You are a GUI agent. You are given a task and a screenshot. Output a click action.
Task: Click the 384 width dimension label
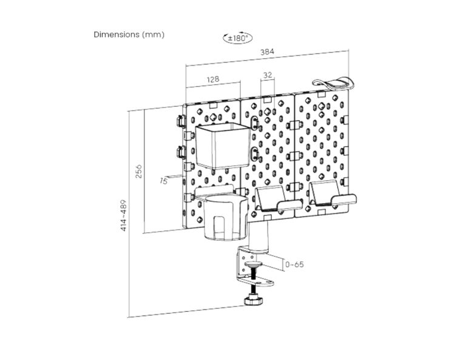[x=267, y=52]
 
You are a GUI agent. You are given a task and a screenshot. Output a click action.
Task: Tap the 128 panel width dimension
[x=213, y=79]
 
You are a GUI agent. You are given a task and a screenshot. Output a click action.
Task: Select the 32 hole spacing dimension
[x=268, y=75]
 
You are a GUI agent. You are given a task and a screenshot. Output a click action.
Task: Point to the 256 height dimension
[x=140, y=171]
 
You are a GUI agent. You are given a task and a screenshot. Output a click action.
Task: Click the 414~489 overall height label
[x=124, y=215]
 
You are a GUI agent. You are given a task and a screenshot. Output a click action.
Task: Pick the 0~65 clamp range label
[x=294, y=265]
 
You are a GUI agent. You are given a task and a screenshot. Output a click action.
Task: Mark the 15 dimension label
[x=164, y=181]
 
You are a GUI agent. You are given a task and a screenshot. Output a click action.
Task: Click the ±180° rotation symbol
[x=238, y=38]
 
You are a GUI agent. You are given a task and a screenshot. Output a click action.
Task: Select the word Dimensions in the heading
[x=116, y=35]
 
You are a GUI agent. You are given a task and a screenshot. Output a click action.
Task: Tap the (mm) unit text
[x=153, y=35]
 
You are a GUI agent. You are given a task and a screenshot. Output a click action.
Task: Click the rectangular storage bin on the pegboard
[x=222, y=146]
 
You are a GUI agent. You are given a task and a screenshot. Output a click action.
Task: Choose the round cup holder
[x=225, y=218]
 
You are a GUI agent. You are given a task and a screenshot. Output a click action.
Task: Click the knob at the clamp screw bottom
[x=254, y=300]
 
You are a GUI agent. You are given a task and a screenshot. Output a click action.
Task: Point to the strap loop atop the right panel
[x=334, y=83]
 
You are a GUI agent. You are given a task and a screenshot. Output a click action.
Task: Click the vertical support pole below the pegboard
[x=258, y=236]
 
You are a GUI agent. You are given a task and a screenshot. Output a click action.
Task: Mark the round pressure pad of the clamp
[x=254, y=264]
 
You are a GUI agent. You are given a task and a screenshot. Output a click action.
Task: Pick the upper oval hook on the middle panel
[x=254, y=123]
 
